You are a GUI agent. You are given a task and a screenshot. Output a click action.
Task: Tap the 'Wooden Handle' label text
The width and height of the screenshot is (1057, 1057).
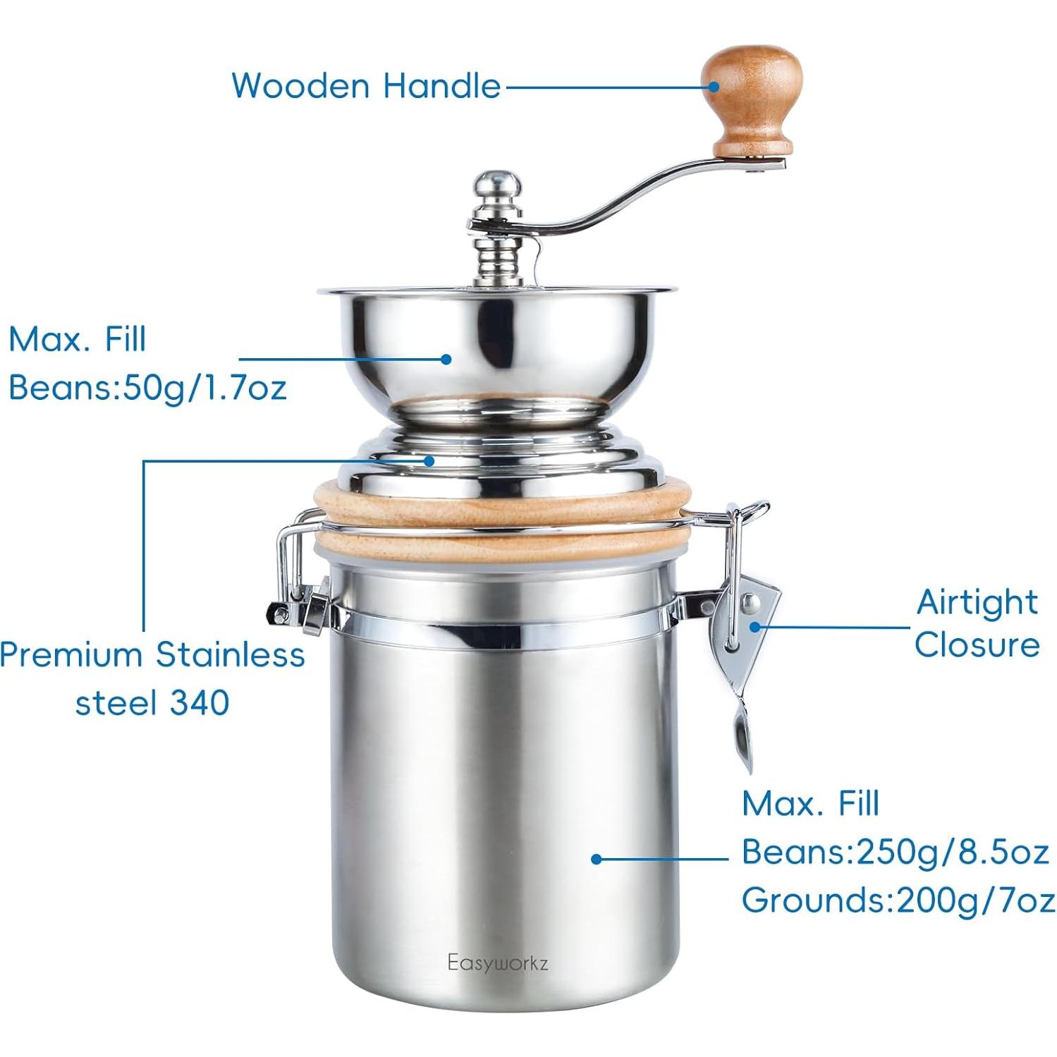(x=366, y=86)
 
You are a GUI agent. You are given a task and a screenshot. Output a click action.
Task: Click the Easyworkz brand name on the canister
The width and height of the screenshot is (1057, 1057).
(x=498, y=963)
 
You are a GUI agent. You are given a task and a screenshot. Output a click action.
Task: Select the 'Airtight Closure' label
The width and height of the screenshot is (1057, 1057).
(x=977, y=623)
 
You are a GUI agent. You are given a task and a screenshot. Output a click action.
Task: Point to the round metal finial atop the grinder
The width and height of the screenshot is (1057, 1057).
(x=498, y=187)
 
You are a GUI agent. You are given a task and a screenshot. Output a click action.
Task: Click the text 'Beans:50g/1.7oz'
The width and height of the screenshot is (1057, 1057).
(x=147, y=388)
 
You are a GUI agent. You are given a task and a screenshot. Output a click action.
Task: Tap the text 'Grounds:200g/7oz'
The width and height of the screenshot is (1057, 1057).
(x=898, y=900)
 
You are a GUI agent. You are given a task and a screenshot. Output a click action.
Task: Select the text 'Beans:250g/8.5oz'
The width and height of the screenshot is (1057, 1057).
(x=895, y=853)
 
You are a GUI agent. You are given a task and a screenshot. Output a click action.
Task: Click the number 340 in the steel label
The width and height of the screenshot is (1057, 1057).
(x=200, y=703)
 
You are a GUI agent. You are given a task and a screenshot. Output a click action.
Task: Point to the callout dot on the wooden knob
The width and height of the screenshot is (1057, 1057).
(x=714, y=87)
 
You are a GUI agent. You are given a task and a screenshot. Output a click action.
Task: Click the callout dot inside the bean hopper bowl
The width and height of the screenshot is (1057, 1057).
(x=446, y=359)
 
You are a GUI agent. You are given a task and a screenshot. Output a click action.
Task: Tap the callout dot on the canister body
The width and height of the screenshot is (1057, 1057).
(x=597, y=859)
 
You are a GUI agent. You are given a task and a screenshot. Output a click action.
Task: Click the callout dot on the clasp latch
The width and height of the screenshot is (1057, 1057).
(x=754, y=627)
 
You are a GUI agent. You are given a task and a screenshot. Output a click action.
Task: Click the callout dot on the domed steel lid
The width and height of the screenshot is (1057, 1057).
(x=429, y=460)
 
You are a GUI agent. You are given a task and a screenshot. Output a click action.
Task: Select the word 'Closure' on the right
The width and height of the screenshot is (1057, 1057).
(x=977, y=645)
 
